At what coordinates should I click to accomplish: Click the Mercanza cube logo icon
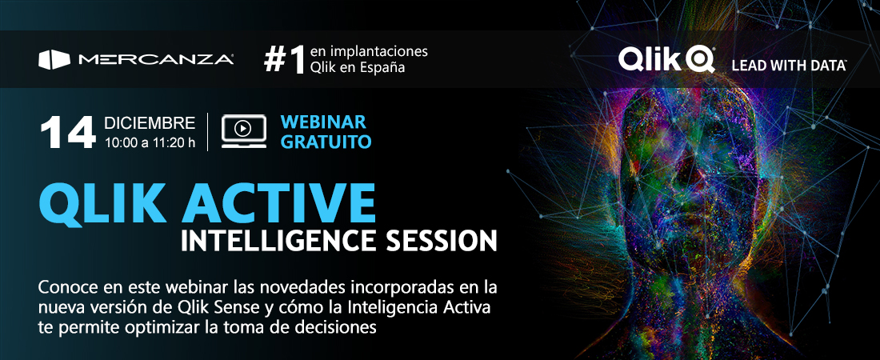coord(54,59)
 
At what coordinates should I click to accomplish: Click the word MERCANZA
coord(156,59)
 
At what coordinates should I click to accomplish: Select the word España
coord(382,67)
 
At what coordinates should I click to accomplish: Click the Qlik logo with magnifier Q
coord(666,59)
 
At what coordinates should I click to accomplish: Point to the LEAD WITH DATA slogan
coord(789,66)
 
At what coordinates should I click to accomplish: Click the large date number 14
coord(68,133)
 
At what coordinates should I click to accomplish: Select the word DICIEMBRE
coord(150,123)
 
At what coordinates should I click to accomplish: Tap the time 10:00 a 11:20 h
coord(150,142)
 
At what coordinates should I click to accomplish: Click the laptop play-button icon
coord(243,131)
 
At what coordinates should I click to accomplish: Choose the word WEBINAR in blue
coord(323,122)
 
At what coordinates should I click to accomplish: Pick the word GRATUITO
coord(326,142)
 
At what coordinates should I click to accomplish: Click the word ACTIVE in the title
coord(278,203)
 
